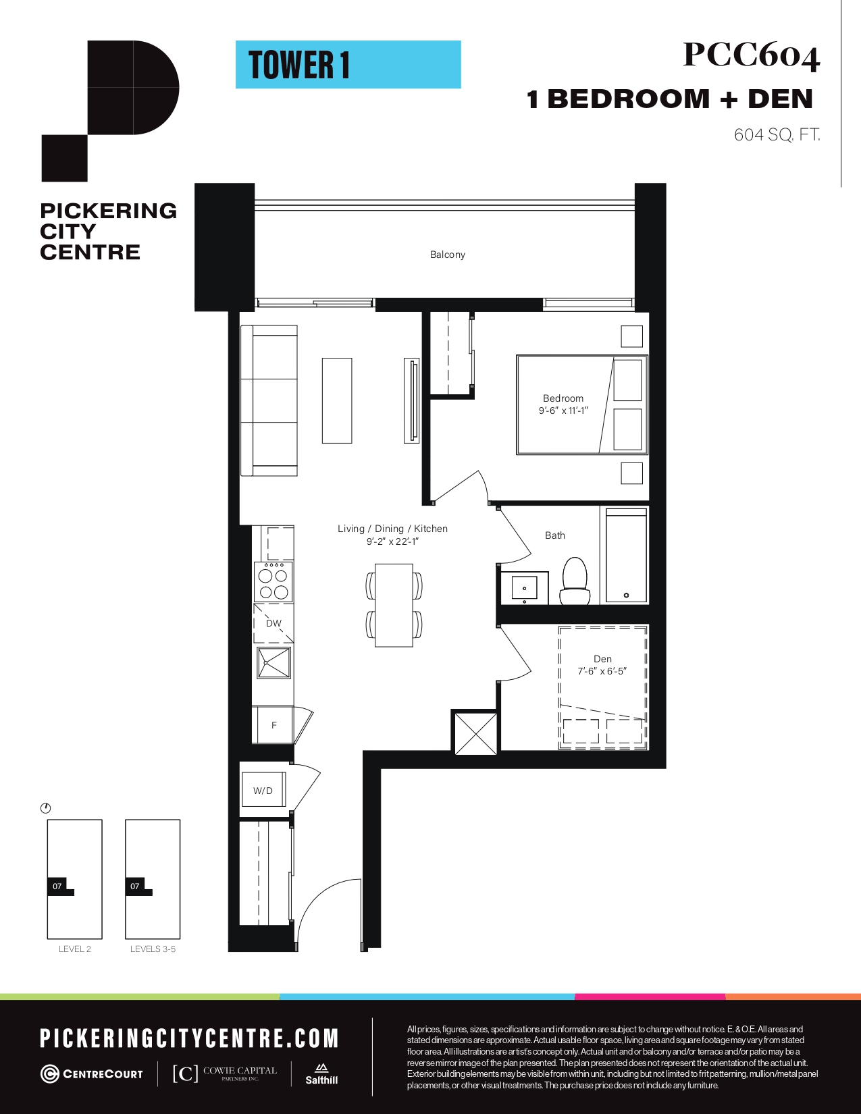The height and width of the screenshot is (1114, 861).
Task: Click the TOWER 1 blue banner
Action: point(348,65)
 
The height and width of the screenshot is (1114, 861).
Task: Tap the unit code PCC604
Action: point(751,55)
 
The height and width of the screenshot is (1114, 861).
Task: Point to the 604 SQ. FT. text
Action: point(777,135)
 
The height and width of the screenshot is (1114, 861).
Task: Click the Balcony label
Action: point(448,255)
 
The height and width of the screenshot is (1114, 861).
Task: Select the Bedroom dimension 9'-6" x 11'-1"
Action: point(563,410)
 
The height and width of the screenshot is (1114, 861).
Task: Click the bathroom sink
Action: point(524,587)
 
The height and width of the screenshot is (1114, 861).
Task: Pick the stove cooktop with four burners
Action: point(273,581)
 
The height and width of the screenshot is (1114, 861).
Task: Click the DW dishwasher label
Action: point(274,623)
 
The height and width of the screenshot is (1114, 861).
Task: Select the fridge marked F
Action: point(273,725)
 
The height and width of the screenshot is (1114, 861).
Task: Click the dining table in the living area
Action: point(394,606)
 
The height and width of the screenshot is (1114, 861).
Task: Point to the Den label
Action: point(602,659)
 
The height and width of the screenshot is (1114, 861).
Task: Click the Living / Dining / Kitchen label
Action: point(392,529)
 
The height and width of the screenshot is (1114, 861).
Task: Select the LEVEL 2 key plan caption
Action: point(75,949)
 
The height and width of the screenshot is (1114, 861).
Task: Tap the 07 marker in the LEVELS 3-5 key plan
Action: point(135,886)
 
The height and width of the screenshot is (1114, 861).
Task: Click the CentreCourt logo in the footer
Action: point(92,1074)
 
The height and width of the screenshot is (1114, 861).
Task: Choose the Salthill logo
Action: point(321,1073)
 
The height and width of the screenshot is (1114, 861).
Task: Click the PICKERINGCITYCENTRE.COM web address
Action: point(189,1038)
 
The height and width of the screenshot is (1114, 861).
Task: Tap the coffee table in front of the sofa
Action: point(337,400)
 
